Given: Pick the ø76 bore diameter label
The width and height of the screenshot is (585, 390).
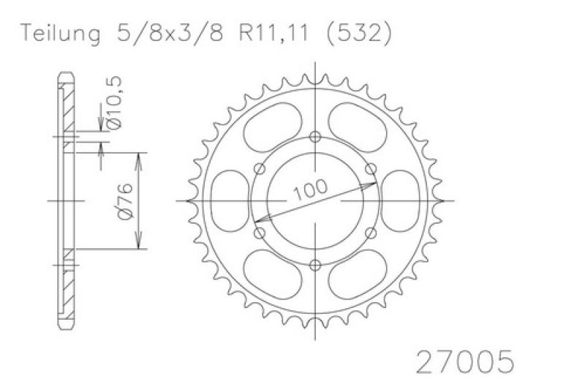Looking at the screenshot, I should (124, 201).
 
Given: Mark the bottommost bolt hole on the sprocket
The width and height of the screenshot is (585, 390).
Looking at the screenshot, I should (315, 265).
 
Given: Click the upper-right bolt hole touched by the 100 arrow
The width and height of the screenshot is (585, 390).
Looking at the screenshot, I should (371, 168).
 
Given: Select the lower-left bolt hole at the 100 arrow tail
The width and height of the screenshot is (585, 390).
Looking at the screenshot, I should (260, 233).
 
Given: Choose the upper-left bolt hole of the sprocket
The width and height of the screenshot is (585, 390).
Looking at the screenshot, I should (260, 168).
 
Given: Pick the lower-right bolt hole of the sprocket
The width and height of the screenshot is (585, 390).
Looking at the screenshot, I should (371, 233).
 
